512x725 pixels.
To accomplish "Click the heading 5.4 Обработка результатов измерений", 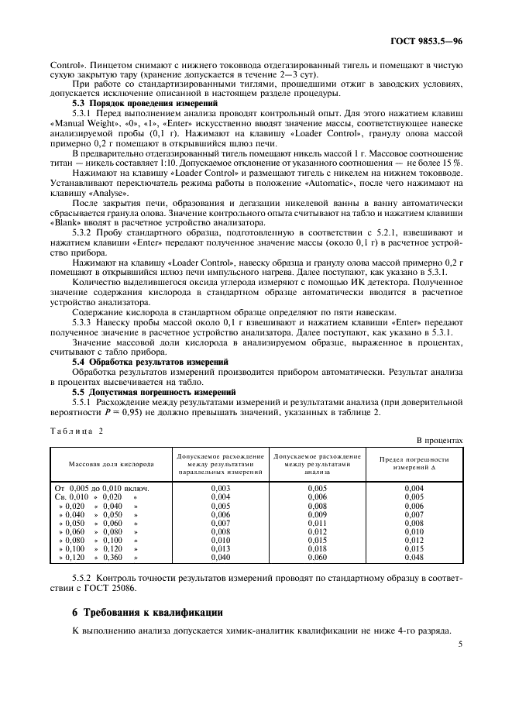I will [x=150, y=362].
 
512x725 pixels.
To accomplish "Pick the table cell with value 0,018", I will [x=317, y=548].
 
